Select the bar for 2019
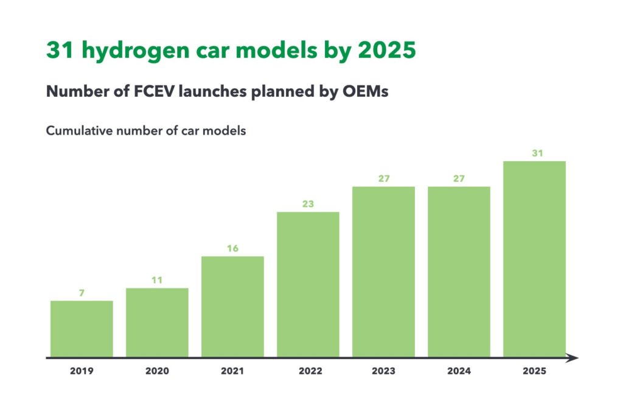click(x=82, y=329)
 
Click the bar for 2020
click(x=157, y=323)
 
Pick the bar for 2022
click(x=308, y=284)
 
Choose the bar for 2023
click(x=383, y=271)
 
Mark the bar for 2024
click(x=459, y=271)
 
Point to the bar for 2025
click(x=534, y=259)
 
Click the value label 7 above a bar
click(x=82, y=293)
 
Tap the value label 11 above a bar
click(x=157, y=280)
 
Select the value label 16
click(x=232, y=248)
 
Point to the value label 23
click(x=308, y=204)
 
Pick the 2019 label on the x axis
click(x=82, y=371)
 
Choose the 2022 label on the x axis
click(x=308, y=371)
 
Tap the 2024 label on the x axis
click(x=459, y=371)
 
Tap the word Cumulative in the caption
click(x=77, y=131)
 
